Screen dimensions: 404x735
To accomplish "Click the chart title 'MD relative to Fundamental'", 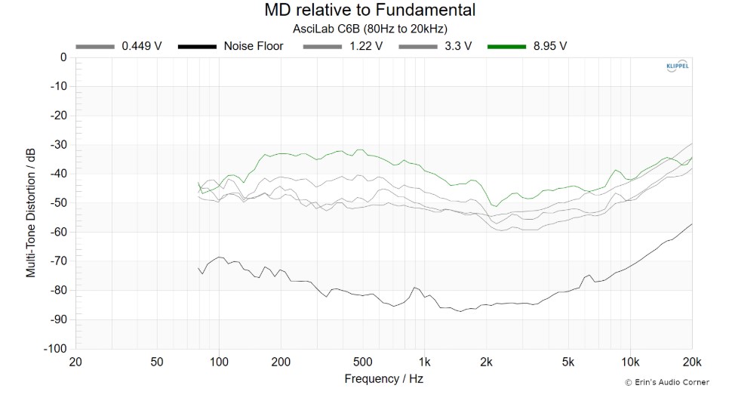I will (369, 11).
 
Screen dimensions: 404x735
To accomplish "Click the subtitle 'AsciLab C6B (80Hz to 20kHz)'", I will (370, 29).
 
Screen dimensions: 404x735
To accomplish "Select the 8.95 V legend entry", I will (550, 46).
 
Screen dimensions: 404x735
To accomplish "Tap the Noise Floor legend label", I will (254, 46).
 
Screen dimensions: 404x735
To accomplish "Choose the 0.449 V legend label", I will (142, 46).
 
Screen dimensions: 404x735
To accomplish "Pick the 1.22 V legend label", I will (365, 46).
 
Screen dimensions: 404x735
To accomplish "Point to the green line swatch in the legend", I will (507, 46).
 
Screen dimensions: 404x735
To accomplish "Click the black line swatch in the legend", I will (198, 46).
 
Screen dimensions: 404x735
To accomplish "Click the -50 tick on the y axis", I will (58, 203).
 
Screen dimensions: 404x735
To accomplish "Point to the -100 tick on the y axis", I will (55, 349).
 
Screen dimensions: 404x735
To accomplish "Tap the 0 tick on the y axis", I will (63, 57).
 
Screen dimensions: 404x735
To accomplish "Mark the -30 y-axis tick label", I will (58, 145).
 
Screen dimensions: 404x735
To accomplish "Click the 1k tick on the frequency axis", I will (425, 362).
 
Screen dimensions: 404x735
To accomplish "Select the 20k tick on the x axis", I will (692, 362).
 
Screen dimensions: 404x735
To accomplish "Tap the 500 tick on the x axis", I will (363, 362).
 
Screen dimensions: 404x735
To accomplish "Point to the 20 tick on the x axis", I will (75, 362).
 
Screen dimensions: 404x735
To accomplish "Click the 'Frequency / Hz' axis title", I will (383, 378).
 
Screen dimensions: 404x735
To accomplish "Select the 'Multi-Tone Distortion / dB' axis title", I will (32, 203).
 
